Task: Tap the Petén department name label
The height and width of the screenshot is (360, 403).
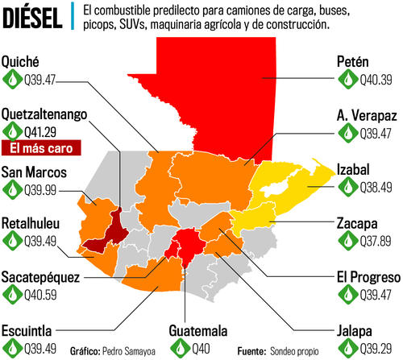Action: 354,61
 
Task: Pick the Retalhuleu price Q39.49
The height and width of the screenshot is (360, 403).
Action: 44,240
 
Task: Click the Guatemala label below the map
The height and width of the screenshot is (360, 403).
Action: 199,330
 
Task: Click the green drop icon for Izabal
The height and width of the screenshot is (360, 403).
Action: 347,185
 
